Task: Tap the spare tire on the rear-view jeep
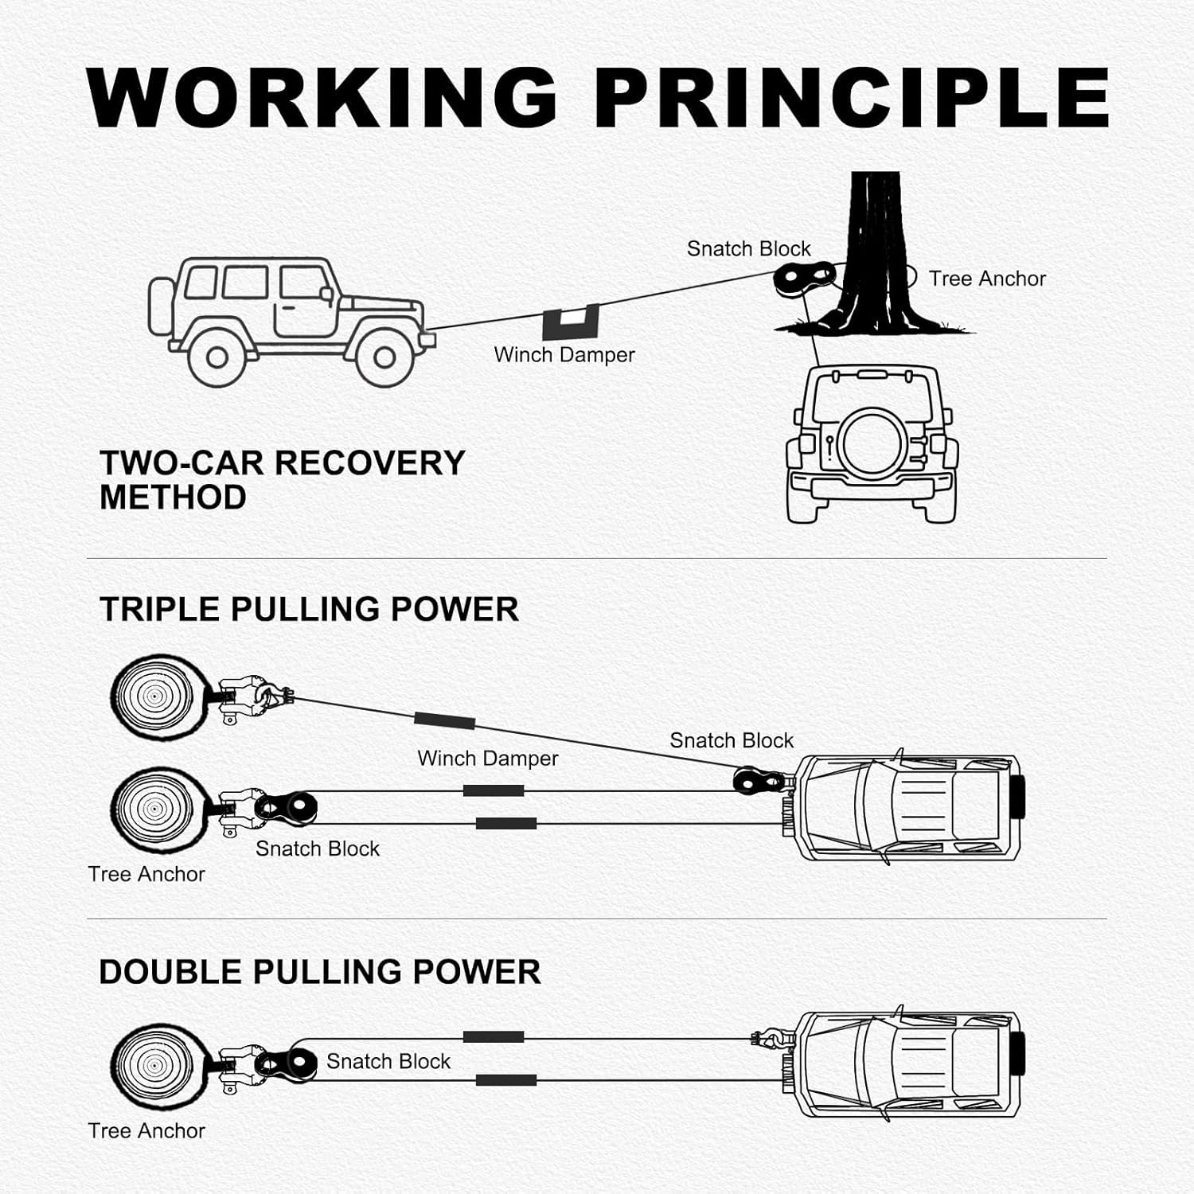[x=873, y=443]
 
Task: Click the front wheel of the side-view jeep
[x=384, y=357]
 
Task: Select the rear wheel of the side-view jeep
[x=217, y=357]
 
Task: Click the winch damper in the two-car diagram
[x=571, y=322]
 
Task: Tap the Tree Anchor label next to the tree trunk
[x=987, y=279]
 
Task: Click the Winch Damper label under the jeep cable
[x=564, y=355]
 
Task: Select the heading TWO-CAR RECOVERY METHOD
[x=283, y=480]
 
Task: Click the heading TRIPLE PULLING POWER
[x=309, y=610]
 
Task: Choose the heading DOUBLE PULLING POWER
[x=320, y=973]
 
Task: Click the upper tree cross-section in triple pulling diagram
[x=161, y=696]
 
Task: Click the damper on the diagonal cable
[x=444, y=721]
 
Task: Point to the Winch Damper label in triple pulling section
[x=488, y=759]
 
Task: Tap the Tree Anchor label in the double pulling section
[x=146, y=1131]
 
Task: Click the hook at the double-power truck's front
[x=771, y=1038]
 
